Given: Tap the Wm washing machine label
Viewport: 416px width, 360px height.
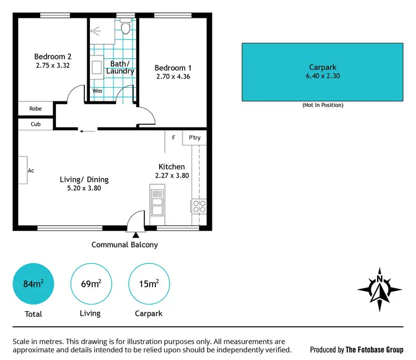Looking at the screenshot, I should (x=97, y=91).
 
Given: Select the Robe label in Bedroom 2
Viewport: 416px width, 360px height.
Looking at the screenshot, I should (x=35, y=109).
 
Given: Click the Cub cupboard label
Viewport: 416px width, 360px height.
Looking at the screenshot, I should (x=35, y=124).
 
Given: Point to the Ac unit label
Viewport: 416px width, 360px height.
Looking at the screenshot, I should (x=31, y=170).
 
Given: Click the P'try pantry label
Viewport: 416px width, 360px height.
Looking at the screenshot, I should (x=195, y=138).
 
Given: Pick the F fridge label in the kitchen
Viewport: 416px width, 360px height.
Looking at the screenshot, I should (x=174, y=138).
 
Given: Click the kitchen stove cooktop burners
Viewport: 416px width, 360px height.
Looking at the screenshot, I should (x=199, y=207).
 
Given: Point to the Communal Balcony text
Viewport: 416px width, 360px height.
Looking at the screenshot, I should (x=125, y=245).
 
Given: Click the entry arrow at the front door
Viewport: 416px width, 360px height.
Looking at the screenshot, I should (x=135, y=235).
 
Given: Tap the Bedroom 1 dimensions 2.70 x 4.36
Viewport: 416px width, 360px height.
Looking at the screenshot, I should (x=173, y=77).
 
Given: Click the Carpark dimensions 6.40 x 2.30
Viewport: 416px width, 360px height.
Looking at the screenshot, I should (x=322, y=76).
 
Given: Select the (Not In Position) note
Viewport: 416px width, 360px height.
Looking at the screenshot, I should (x=322, y=105).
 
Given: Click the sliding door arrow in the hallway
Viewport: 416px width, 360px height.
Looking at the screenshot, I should (x=87, y=131).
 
